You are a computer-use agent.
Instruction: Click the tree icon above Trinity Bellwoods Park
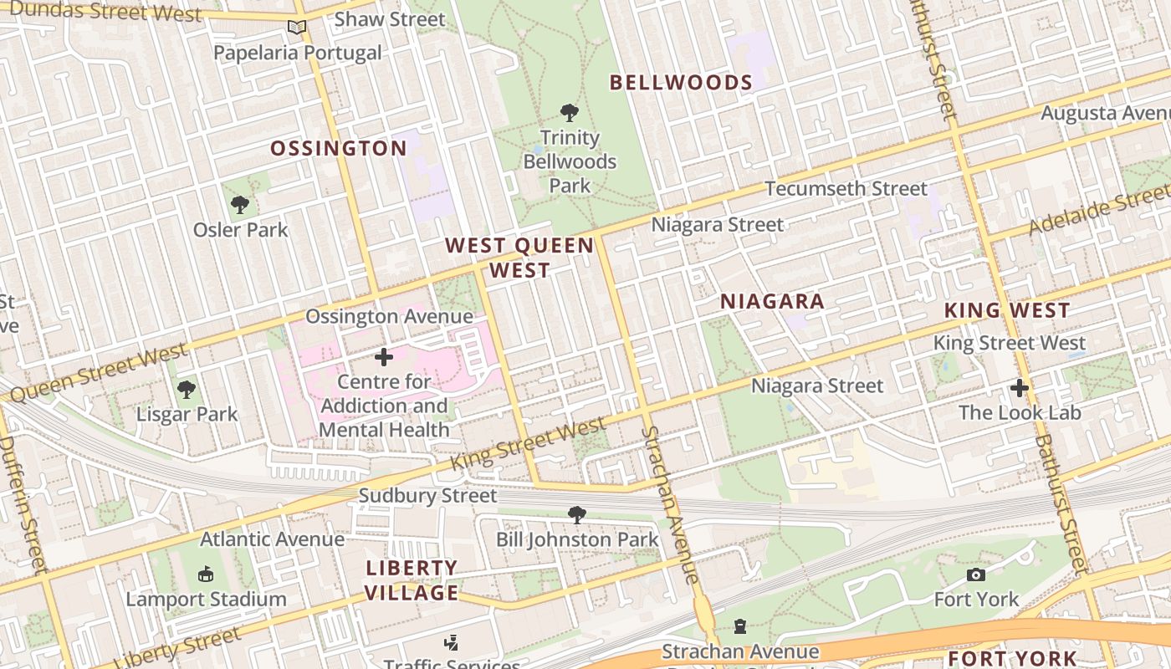pyautogui.click(x=570, y=112)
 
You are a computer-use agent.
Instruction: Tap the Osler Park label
pyautogui.click(x=240, y=229)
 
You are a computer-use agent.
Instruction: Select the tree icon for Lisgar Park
pyautogui.click(x=187, y=389)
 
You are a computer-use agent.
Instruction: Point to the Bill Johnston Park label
pyautogui.click(x=577, y=539)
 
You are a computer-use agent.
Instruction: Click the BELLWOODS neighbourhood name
pyautogui.click(x=681, y=82)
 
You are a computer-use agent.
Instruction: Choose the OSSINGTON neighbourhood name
pyautogui.click(x=338, y=149)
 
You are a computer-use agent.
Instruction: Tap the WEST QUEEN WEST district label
pyautogui.click(x=519, y=258)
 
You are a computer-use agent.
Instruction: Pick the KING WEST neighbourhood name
pyautogui.click(x=1006, y=310)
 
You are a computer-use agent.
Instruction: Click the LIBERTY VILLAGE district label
pyautogui.click(x=412, y=580)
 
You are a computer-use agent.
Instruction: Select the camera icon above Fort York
pyautogui.click(x=975, y=575)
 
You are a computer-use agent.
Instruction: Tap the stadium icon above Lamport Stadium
pyautogui.click(x=206, y=574)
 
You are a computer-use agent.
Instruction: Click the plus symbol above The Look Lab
pyautogui.click(x=1019, y=387)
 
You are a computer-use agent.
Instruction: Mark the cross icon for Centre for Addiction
pyautogui.click(x=384, y=357)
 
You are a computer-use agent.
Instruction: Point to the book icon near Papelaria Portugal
pyautogui.click(x=297, y=28)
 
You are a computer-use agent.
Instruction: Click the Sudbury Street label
pyautogui.click(x=427, y=496)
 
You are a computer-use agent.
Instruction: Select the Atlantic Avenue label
pyautogui.click(x=272, y=539)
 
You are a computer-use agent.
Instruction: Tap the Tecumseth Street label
pyautogui.click(x=846, y=189)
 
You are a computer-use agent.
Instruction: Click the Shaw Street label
pyautogui.click(x=390, y=18)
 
